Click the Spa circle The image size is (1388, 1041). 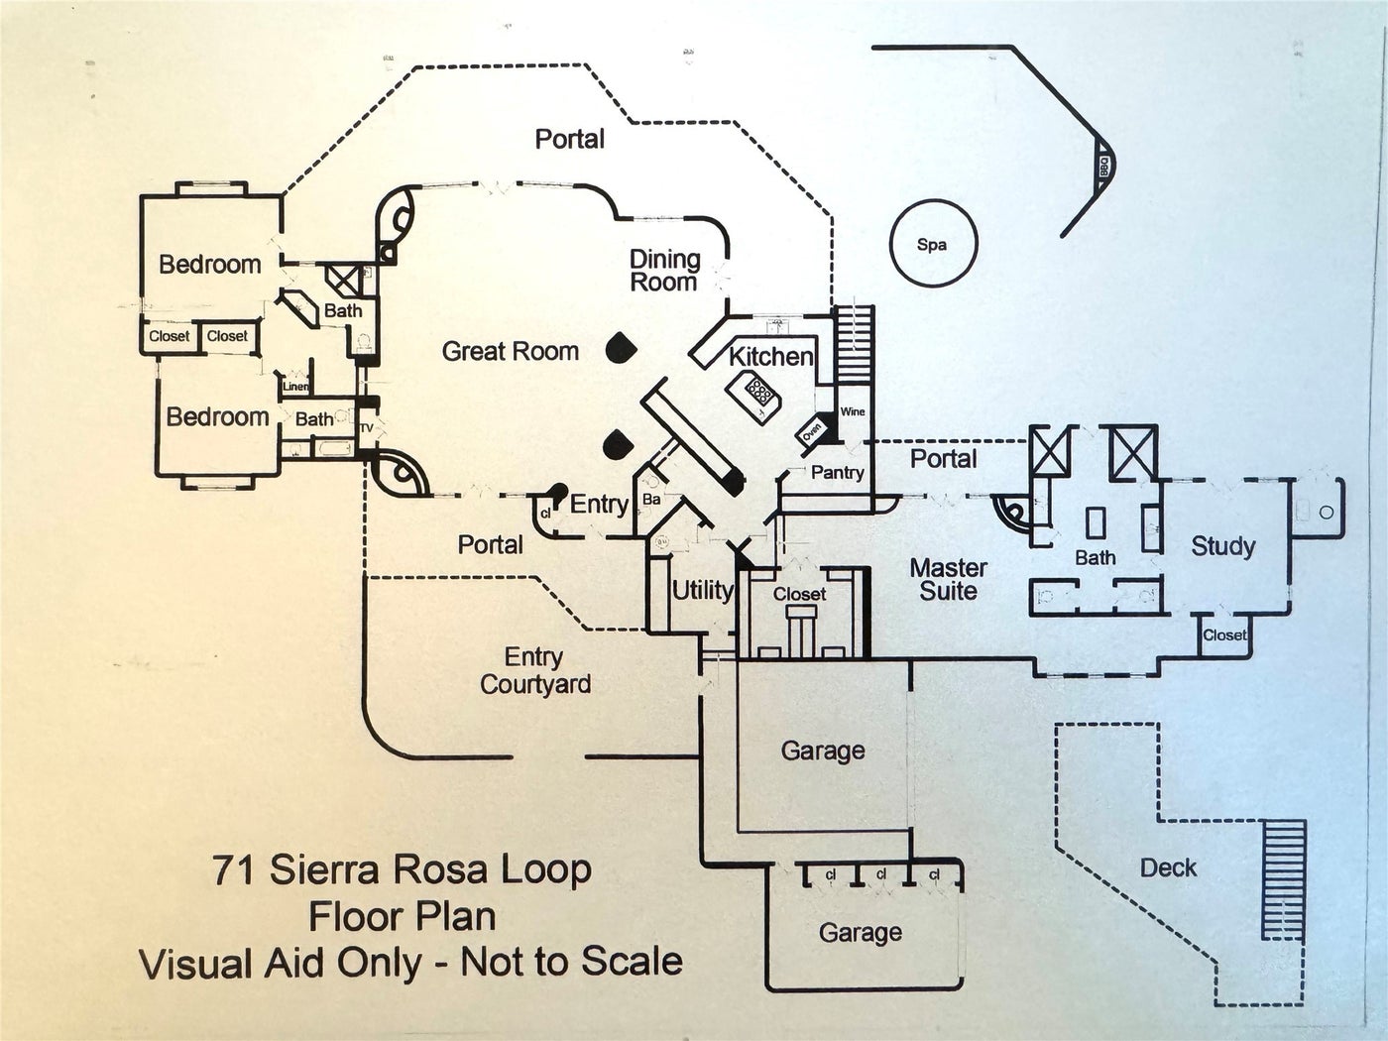[931, 244]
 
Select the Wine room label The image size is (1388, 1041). [853, 411]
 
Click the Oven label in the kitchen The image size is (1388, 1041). [812, 431]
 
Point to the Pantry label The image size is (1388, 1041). [837, 472]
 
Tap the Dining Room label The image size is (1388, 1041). [664, 271]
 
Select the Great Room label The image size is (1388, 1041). [510, 351]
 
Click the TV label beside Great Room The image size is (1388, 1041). [365, 428]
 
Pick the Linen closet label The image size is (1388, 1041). [295, 387]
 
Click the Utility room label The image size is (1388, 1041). [702, 591]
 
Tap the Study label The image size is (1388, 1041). [1222, 546]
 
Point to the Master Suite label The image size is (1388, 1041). [948, 580]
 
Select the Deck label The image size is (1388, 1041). [1168, 868]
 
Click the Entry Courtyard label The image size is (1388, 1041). [534, 671]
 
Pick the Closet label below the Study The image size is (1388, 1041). [1224, 636]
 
